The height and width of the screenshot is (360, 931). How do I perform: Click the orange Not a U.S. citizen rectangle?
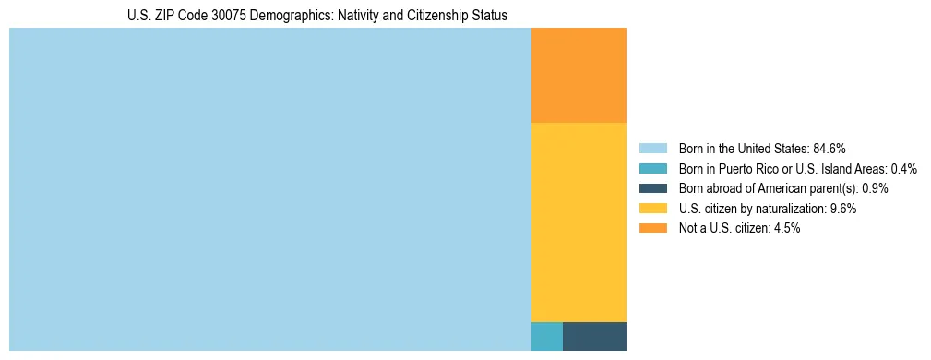[x=579, y=75]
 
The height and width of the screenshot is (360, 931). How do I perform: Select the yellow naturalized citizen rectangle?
[x=579, y=222]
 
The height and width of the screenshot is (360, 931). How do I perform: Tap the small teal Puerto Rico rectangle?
[x=546, y=336]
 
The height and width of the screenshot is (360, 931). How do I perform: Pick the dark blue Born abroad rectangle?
[x=594, y=336]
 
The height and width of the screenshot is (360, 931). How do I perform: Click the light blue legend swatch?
[x=652, y=148]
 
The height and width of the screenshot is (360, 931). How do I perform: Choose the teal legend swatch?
[x=652, y=168]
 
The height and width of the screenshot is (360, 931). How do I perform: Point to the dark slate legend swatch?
[x=652, y=188]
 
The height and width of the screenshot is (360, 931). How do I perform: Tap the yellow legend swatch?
[x=652, y=209]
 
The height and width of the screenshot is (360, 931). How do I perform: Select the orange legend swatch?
[x=652, y=228]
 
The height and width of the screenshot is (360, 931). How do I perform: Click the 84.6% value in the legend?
[x=830, y=148]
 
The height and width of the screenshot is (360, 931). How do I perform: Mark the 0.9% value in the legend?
[x=875, y=188]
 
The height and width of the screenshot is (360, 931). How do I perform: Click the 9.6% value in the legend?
[x=843, y=209]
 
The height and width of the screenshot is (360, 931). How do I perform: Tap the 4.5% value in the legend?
[x=787, y=228]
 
